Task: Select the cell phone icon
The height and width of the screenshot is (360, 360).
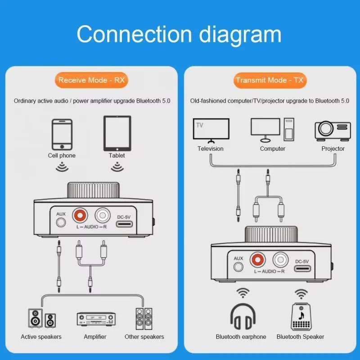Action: [62, 134]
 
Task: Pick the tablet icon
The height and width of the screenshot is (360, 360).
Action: [117, 134]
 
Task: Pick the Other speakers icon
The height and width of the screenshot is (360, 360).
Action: [144, 319]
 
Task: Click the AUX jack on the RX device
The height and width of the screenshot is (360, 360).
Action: [61, 222]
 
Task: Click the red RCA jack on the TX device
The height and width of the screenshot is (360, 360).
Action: [257, 259]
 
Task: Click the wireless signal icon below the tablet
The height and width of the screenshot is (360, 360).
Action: [117, 168]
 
